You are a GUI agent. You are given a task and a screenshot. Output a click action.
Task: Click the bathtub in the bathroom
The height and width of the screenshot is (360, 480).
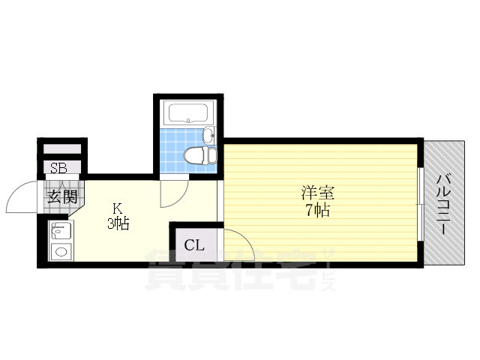[188, 114]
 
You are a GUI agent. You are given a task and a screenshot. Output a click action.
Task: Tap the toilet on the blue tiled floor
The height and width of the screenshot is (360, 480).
[197, 157]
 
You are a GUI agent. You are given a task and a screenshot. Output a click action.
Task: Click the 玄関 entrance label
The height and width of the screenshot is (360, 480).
[63, 197]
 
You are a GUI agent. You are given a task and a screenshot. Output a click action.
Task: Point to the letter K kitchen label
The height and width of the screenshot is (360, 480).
[118, 208]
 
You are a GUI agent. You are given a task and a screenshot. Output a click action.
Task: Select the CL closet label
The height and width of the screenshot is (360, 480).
[194, 244]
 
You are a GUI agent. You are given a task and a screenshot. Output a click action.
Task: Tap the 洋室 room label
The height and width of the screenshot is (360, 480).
[315, 192]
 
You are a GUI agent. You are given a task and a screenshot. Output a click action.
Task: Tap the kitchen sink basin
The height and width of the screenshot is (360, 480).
[60, 229]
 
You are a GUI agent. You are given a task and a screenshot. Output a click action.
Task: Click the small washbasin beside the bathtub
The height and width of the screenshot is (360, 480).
[209, 136]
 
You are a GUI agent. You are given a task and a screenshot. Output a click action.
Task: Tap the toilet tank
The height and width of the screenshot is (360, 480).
[212, 156]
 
